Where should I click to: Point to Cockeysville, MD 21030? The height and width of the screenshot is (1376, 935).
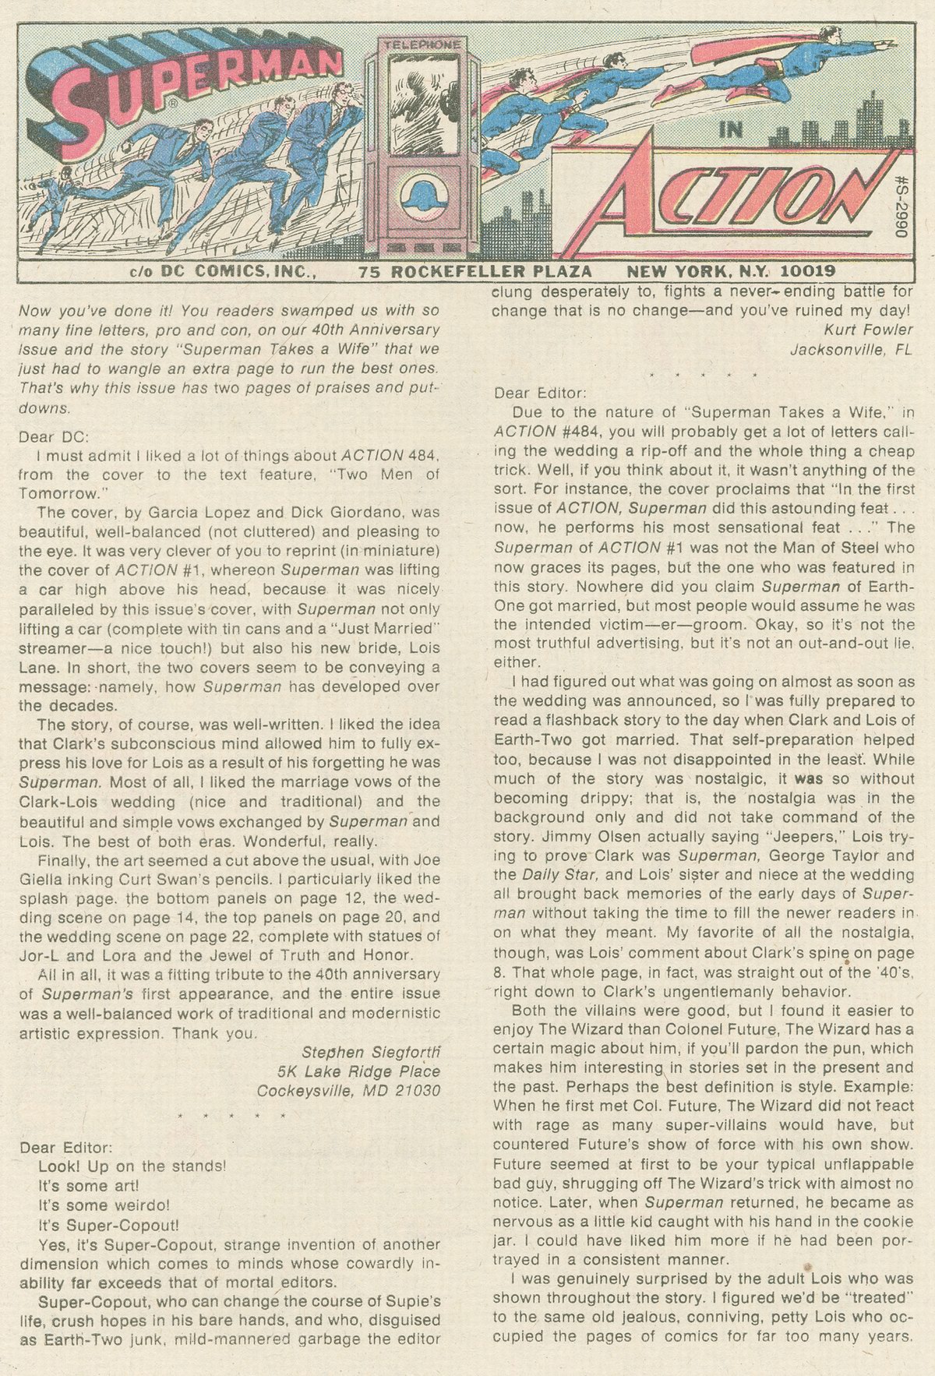tap(349, 1090)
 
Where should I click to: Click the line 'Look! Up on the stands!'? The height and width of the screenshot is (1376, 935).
tap(132, 1166)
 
